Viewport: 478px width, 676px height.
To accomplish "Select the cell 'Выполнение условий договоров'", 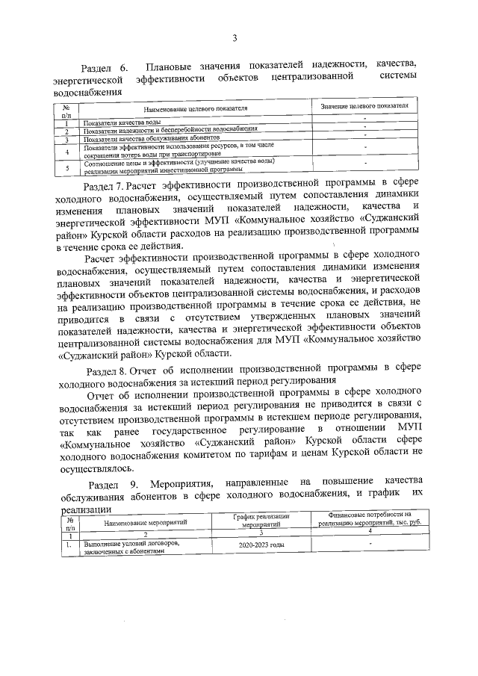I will tap(131, 544).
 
